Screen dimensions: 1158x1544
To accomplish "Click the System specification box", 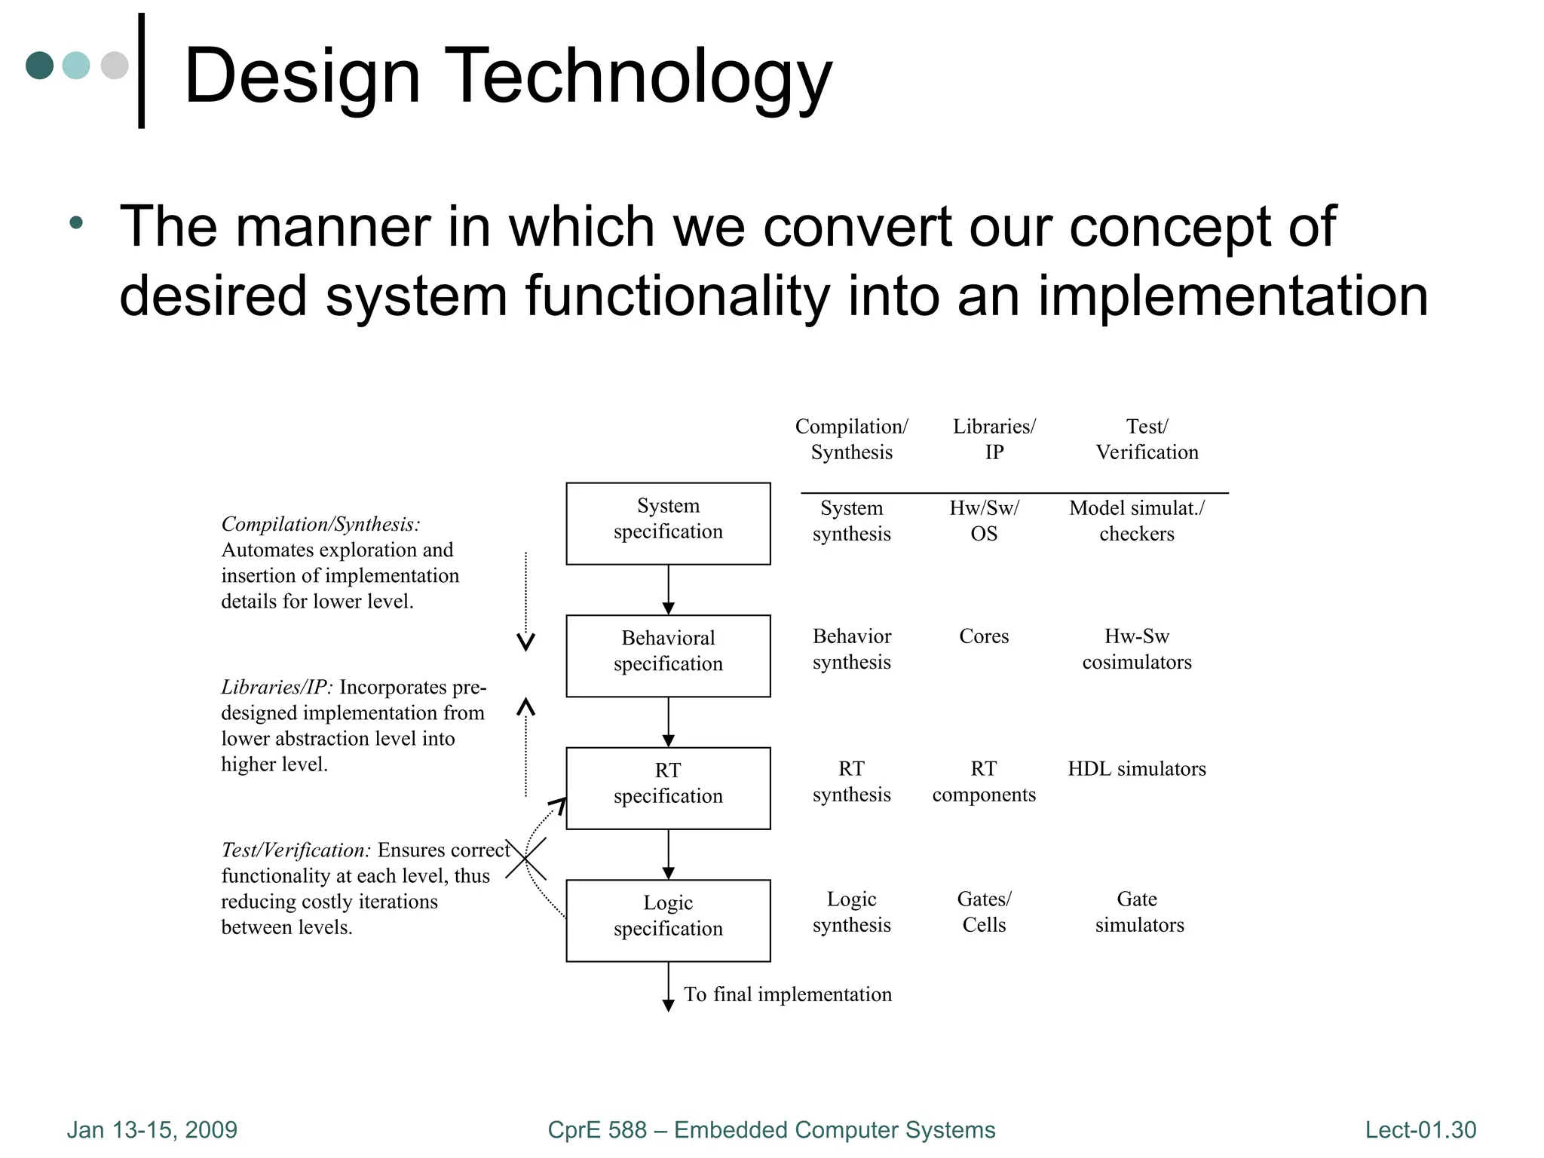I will pos(668,523).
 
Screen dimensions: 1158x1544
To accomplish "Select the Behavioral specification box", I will pos(668,655).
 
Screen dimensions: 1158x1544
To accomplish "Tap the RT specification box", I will pos(668,788).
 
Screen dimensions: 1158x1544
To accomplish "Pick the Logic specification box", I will pos(668,920).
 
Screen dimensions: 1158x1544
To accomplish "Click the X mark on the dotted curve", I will pos(525,859).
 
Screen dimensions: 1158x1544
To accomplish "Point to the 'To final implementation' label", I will pos(787,994).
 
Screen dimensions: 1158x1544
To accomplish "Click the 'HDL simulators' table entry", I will pos(1136,769).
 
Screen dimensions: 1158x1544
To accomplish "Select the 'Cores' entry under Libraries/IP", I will pos(984,636).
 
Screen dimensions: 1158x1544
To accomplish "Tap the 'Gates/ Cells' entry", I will pos(984,911).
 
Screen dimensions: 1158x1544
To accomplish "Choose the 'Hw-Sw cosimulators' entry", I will pos(1136,649).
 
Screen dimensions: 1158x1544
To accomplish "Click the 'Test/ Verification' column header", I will pos(1147,439).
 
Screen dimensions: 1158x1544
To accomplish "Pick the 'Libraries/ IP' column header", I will pos(994,439).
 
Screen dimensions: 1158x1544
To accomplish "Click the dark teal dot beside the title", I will pos(40,65).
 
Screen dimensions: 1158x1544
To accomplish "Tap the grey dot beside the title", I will pos(115,65).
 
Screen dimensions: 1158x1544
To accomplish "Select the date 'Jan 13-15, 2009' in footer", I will pos(152,1129).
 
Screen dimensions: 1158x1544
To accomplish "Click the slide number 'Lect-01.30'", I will pos(1420,1129).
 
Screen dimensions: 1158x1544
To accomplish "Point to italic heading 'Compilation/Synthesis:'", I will pos(320,524).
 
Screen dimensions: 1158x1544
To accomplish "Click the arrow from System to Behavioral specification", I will pos(668,590).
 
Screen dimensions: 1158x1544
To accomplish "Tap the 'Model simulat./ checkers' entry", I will pos(1136,520).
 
